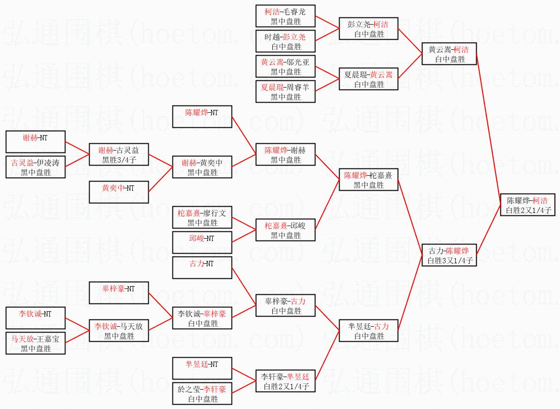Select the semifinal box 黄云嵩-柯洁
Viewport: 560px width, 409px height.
[449, 54]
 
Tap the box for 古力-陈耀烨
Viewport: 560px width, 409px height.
[449, 255]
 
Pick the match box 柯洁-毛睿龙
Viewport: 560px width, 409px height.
[286, 16]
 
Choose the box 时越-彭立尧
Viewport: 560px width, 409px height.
[286, 41]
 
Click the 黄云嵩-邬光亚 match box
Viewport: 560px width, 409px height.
[286, 66]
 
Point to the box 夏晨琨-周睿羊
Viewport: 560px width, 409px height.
[286, 91]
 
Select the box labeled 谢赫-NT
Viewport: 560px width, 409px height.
[35, 142]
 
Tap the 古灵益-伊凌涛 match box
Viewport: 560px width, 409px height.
[35, 167]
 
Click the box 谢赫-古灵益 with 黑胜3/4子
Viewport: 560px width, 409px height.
[118, 154]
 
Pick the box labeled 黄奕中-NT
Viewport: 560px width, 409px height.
[118, 192]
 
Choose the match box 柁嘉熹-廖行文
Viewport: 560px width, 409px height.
[202, 217]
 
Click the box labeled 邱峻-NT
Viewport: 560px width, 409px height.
[202, 242]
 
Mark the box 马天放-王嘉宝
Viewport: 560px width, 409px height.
[35, 343]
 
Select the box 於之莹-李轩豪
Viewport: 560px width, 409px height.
[202, 394]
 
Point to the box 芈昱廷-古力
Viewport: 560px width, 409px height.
[368, 331]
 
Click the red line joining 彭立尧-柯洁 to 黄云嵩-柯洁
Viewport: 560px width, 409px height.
[410, 41]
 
